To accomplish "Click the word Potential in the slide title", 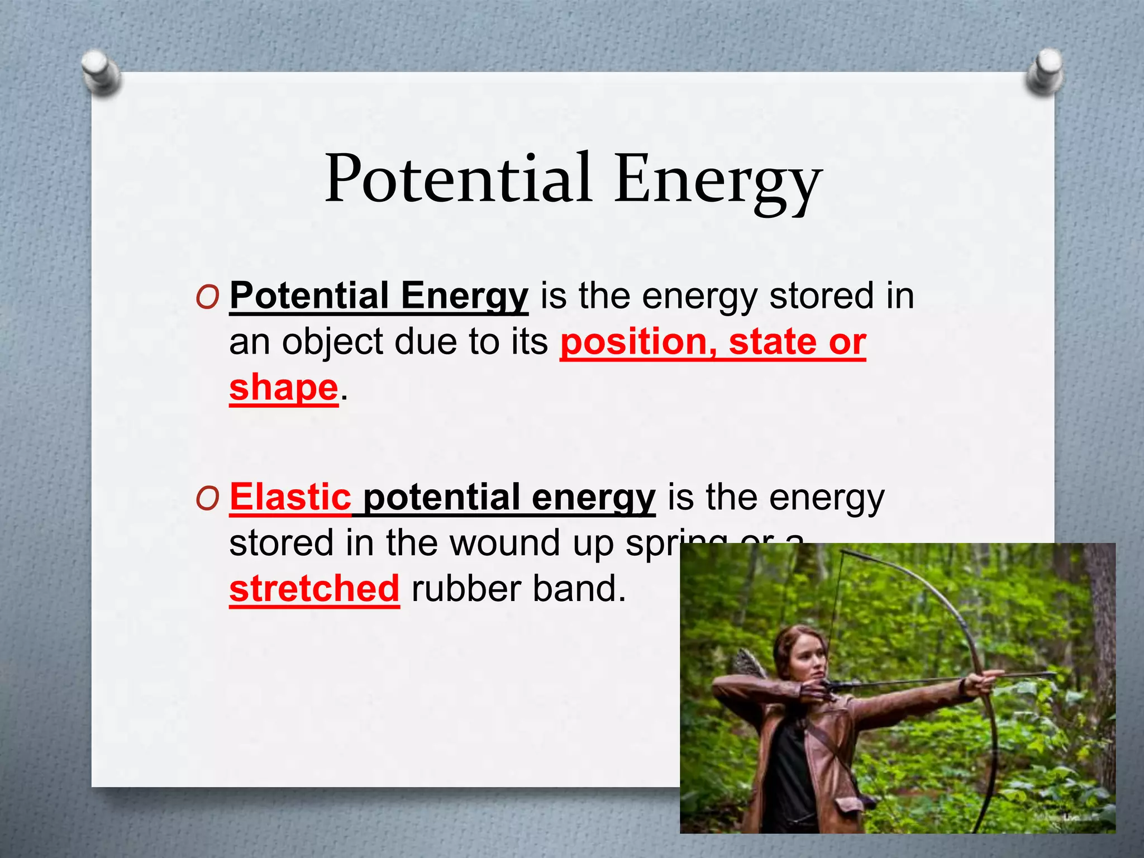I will [458, 179].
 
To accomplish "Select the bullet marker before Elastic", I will [207, 499].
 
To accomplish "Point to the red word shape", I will [284, 388].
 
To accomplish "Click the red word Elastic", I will [290, 497].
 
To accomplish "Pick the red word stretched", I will [314, 589].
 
